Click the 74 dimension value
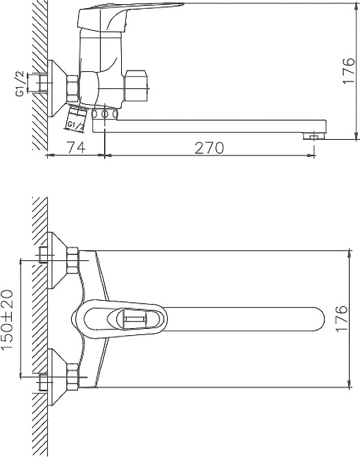pos(77,147)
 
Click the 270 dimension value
pos(209,148)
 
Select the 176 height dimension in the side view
pos(348,71)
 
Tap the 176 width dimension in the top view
pos(342,319)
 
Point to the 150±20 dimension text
pos(7,319)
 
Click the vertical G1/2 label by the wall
pos(20,84)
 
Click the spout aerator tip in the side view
pos(313,136)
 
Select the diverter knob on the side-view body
pos(137,86)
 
